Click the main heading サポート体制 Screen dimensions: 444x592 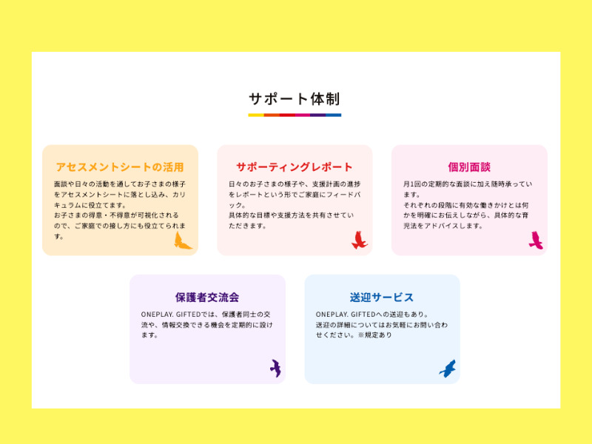click(295, 98)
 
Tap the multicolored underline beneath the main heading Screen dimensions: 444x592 click(295, 115)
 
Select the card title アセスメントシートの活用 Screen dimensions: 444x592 click(120, 167)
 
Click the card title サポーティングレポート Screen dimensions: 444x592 click(295, 167)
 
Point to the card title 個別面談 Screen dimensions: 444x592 click(469, 167)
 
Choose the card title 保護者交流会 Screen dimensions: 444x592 click(207, 297)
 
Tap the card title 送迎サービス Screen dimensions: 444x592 click(382, 297)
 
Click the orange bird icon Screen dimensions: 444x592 click(182, 240)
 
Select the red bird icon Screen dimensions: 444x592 click(359, 240)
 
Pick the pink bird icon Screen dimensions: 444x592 click(536, 240)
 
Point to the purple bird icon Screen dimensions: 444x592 click(275, 368)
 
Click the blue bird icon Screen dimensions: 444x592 click(448, 369)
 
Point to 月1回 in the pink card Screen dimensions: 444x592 click(413, 184)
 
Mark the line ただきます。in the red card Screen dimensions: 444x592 click(247, 226)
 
